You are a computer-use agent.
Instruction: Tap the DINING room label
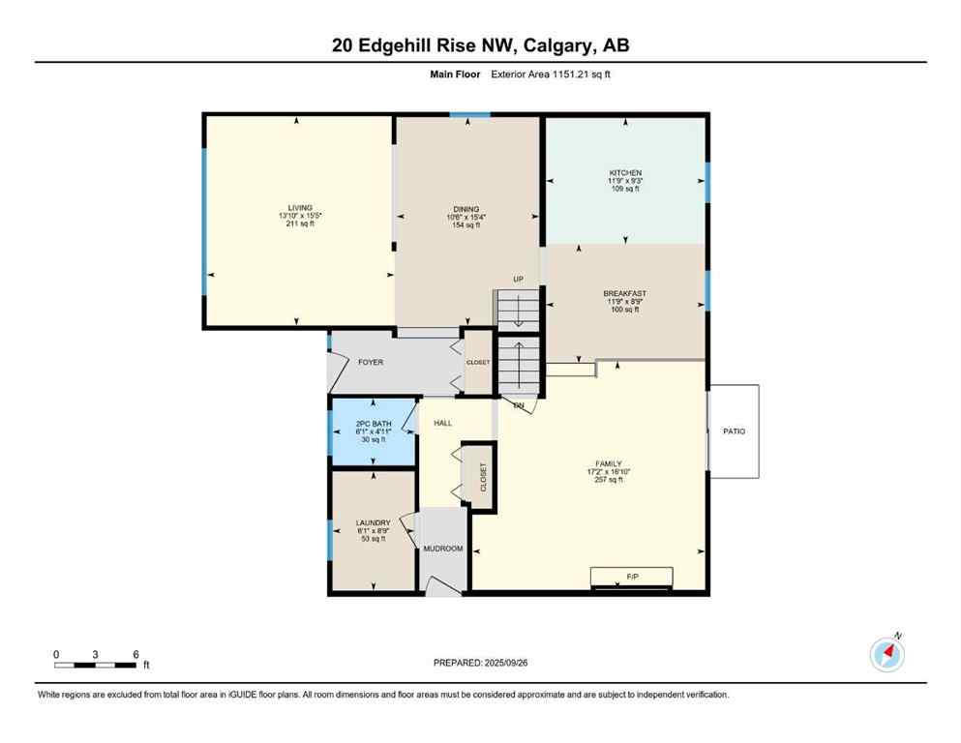point(466,209)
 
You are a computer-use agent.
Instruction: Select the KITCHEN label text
point(625,173)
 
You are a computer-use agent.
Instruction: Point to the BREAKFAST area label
point(624,293)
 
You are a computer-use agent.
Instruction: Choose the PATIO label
point(734,431)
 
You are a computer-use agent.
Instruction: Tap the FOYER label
point(371,363)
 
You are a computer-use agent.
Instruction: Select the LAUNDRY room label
point(373,522)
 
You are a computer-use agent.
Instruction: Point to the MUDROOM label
point(443,549)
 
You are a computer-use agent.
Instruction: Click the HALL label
point(443,423)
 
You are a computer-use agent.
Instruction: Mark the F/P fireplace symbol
point(633,577)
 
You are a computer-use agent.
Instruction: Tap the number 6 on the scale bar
point(135,654)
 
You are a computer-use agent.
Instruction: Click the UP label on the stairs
point(518,280)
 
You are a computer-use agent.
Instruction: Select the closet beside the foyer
point(478,363)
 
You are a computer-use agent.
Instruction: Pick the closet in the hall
point(481,476)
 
